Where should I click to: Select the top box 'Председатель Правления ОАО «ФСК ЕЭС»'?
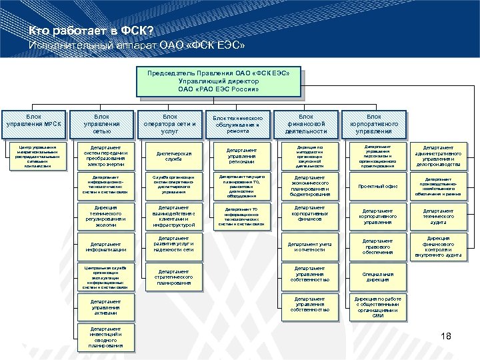(218, 81)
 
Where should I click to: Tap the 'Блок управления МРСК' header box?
(33, 120)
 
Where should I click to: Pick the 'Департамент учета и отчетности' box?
(309, 245)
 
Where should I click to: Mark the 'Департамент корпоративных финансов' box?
(309, 214)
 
